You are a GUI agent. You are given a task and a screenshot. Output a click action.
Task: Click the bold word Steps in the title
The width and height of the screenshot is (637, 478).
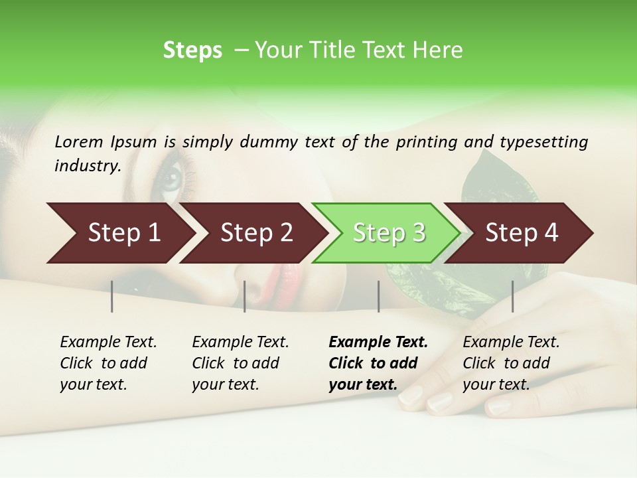click(192, 50)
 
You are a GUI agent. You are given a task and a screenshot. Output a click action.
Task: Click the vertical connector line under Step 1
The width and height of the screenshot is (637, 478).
click(112, 296)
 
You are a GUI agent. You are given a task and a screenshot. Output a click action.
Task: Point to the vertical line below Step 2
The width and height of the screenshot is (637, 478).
click(245, 296)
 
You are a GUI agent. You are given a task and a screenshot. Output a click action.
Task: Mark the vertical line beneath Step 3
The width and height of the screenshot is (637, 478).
click(378, 296)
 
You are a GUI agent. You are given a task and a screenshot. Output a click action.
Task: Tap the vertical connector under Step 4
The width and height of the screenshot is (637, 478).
click(512, 296)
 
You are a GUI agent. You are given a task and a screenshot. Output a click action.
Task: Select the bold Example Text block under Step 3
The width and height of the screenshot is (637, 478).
click(378, 363)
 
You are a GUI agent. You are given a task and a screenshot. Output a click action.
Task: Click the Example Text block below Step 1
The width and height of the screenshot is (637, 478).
click(108, 363)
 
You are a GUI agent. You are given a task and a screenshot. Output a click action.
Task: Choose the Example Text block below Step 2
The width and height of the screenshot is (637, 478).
click(240, 363)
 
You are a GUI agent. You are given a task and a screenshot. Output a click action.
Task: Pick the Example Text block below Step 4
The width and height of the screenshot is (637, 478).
click(511, 363)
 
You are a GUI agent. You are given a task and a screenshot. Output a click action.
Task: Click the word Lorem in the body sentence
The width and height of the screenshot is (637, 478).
click(78, 142)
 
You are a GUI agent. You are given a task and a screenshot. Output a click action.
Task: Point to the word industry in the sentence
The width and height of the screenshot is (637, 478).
click(86, 166)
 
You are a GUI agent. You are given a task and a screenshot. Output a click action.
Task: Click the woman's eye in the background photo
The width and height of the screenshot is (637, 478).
click(171, 179)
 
